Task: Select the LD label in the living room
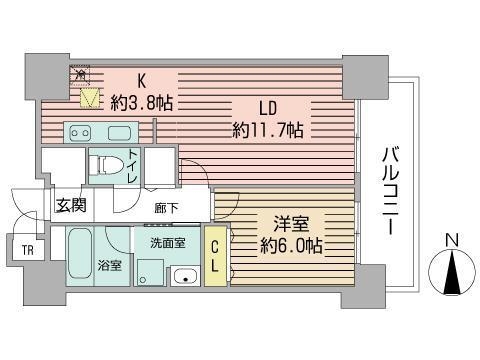point(267,108)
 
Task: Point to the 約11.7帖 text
point(267,131)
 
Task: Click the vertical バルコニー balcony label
point(389,190)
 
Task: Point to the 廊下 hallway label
point(167,208)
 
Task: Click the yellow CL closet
point(216,258)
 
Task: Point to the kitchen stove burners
point(81,132)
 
